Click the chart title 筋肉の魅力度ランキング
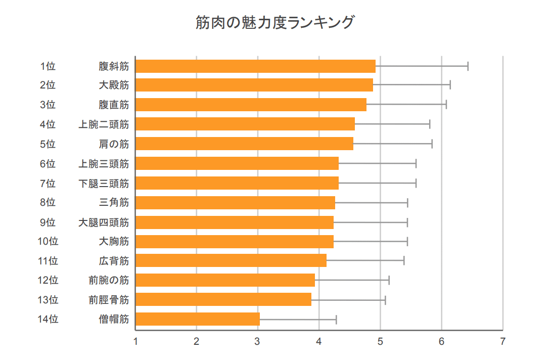coord(275,23)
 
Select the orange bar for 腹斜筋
coord(255,66)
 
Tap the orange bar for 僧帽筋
coord(198,319)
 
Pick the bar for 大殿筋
coord(254,85)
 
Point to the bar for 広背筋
coord(231,261)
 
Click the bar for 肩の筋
coord(244,144)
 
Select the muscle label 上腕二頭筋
coord(104,124)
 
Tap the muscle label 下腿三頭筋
coord(104,183)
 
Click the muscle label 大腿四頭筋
coord(104,222)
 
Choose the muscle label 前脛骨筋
coord(109,300)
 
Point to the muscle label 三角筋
coord(114,203)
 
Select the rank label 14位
coord(48,319)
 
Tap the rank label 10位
coord(48,241)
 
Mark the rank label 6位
coord(48,163)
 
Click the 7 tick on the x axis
coord(502,341)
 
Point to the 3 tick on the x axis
coord(258,341)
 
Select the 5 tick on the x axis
coord(380,341)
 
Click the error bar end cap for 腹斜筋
coord(468,66)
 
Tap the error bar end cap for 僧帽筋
coord(336,319)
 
